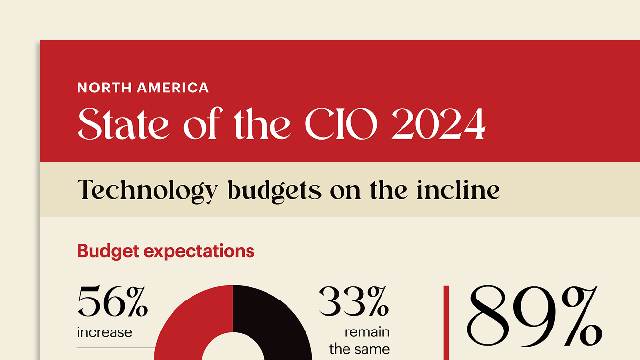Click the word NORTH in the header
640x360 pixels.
click(104, 88)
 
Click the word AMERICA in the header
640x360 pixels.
click(173, 88)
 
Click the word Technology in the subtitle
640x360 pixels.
click(147, 190)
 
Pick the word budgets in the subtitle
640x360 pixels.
click(274, 190)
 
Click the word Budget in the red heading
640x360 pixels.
click(108, 251)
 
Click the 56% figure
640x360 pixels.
click(112, 302)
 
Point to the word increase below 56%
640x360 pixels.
click(104, 332)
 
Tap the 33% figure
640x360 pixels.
click(354, 302)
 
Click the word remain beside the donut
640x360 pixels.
click(367, 332)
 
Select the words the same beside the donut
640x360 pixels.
click(359, 349)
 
